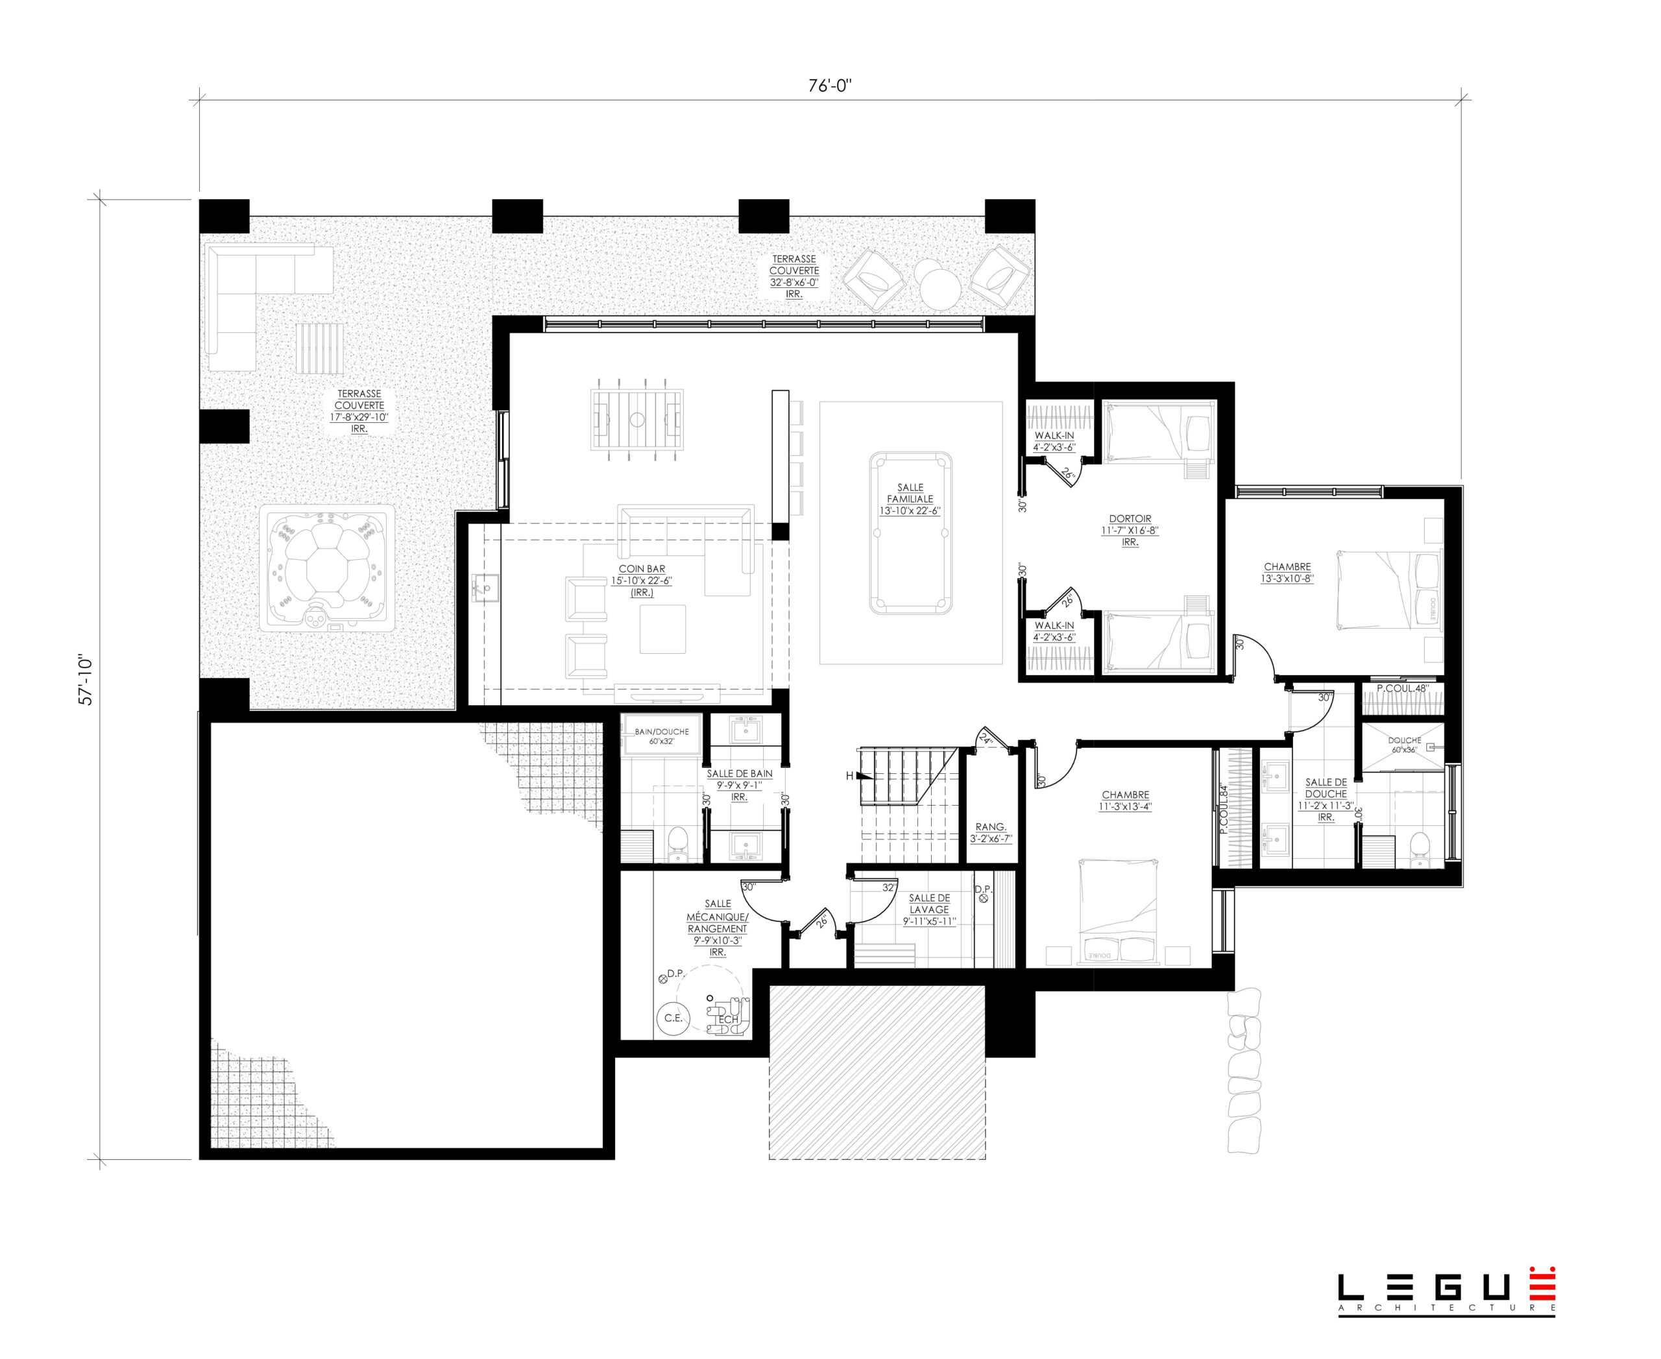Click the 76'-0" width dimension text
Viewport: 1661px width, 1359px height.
830,86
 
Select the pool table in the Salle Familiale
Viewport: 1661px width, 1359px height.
911,533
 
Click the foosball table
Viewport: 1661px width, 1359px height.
637,420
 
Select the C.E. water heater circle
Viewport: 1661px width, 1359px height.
673,1018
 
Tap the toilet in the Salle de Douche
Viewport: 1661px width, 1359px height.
1418,849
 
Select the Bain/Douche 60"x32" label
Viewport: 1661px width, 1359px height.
662,736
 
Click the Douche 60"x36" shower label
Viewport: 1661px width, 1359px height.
1404,745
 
